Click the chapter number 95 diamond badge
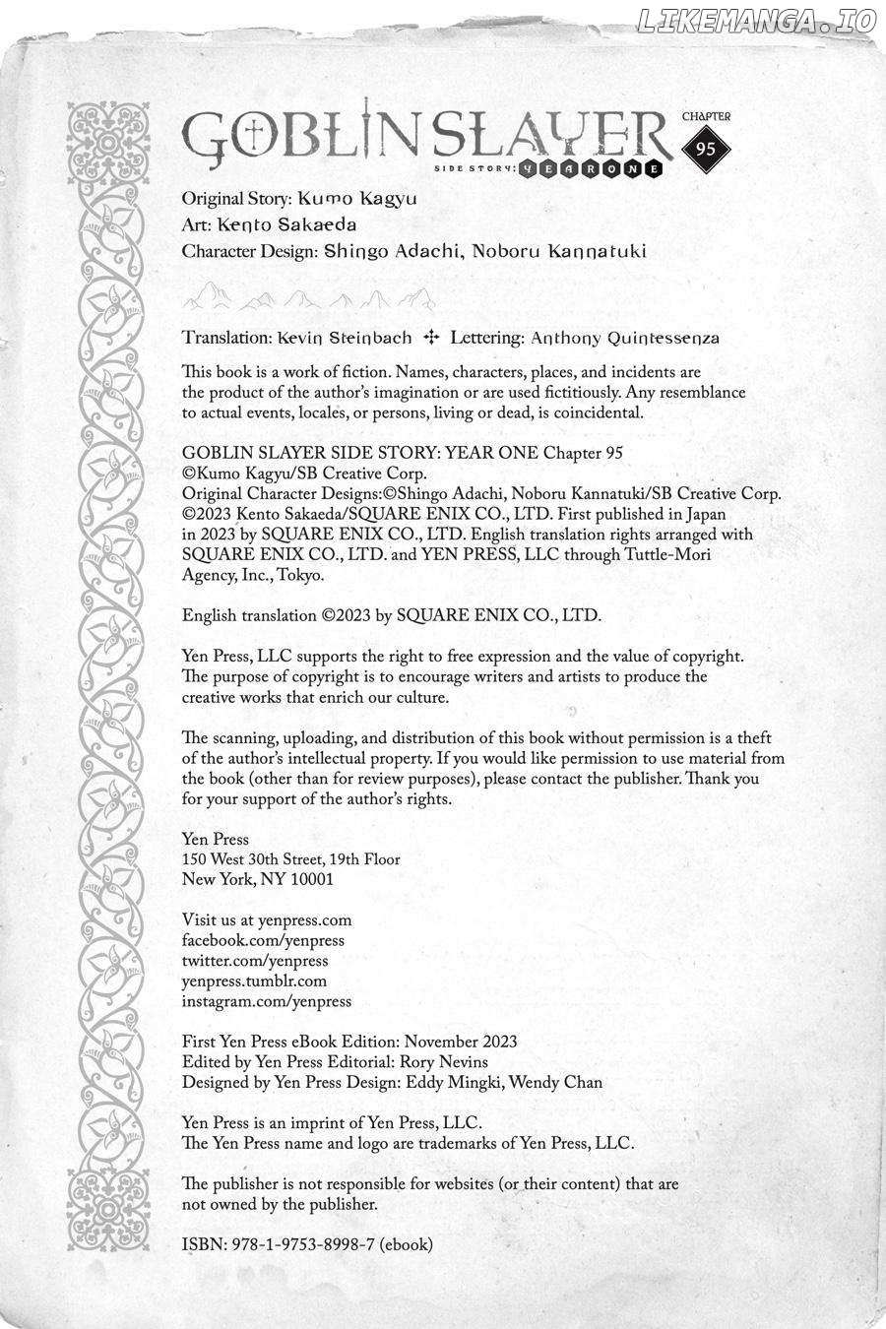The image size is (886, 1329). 706,150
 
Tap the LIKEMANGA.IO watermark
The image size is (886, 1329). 755,22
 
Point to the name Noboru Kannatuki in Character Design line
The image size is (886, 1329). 559,251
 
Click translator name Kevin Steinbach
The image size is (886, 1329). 345,338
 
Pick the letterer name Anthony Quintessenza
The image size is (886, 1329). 624,338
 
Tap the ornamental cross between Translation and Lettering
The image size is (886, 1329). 430,338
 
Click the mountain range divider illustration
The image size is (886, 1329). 308,294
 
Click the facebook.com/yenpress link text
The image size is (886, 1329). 263,940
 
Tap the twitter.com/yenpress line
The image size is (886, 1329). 255,961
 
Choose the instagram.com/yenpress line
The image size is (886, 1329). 267,1001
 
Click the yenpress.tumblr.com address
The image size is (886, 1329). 254,981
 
